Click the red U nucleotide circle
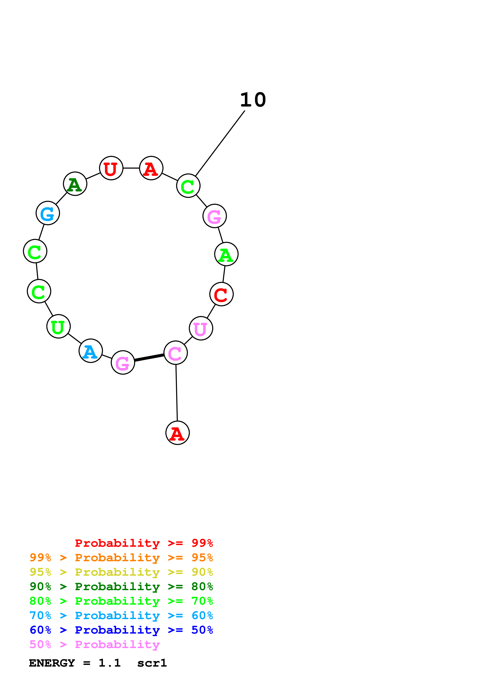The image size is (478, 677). click(111, 168)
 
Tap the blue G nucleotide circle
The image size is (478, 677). click(48, 213)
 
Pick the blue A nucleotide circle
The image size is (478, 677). click(91, 351)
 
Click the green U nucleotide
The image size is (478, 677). click(58, 326)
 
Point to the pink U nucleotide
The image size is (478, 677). click(201, 328)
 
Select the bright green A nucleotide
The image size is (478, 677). click(226, 254)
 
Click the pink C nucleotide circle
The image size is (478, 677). click(175, 353)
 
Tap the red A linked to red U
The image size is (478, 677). click(151, 168)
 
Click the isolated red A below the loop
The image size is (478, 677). click(177, 433)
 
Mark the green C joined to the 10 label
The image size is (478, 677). click(188, 186)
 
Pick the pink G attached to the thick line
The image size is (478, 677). click(123, 362)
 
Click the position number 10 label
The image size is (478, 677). click(253, 100)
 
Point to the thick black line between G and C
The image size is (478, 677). click(149, 358)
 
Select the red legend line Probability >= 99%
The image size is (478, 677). click(144, 543)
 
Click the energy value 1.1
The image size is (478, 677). click(110, 663)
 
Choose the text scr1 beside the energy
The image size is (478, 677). click(152, 663)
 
